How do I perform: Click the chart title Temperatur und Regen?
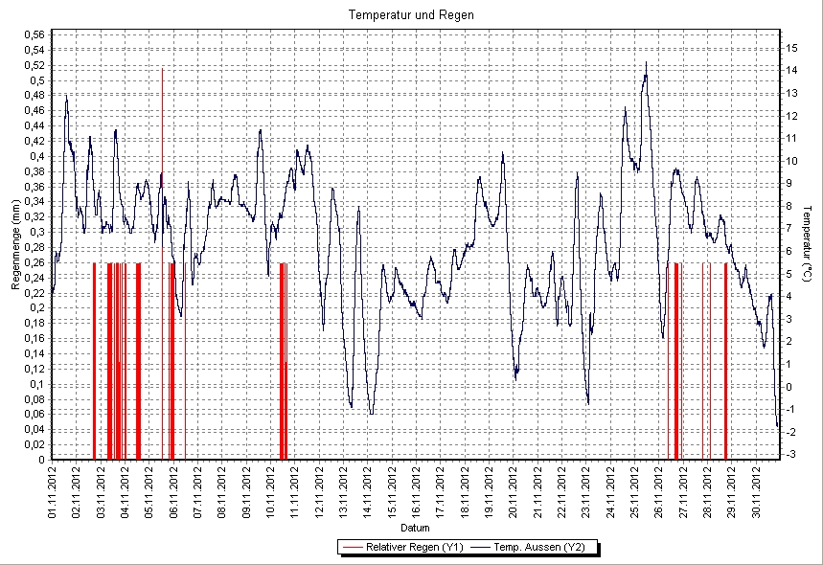tap(411, 15)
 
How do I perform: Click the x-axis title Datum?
tap(414, 528)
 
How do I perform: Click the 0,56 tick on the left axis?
tap(33, 34)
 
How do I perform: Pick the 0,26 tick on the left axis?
tap(33, 262)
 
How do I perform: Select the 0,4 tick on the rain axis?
tap(35, 156)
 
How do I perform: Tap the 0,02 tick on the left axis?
tap(33, 444)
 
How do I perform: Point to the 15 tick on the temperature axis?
tap(791, 47)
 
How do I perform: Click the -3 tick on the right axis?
tap(789, 454)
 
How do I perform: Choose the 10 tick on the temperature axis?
tap(791, 160)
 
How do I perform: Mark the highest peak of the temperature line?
tap(646, 63)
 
